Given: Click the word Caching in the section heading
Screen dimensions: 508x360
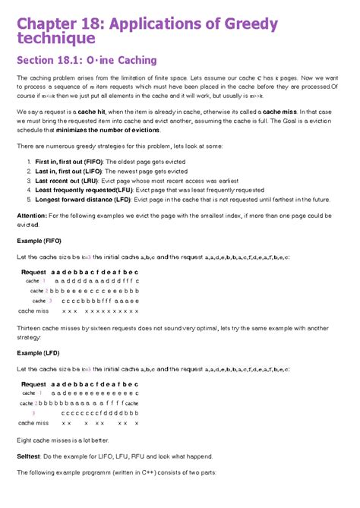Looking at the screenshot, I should pos(132,60).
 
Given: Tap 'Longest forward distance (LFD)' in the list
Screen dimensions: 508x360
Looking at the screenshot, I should pos(84,200).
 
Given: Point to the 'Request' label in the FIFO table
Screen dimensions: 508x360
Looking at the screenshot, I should pos(33,272).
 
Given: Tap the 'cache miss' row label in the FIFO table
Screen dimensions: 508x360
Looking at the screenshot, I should pos(33,311).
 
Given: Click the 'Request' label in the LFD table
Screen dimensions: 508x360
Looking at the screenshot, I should pos(33,384).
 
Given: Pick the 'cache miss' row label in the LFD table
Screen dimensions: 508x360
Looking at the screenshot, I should pos(33,423).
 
